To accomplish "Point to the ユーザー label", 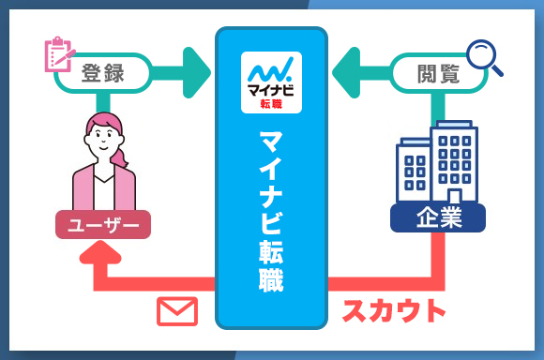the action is click(x=103, y=226).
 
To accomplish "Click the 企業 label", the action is click(x=437, y=219).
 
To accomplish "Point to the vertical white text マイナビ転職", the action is click(x=271, y=210).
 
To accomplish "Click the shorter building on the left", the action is click(x=413, y=174).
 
